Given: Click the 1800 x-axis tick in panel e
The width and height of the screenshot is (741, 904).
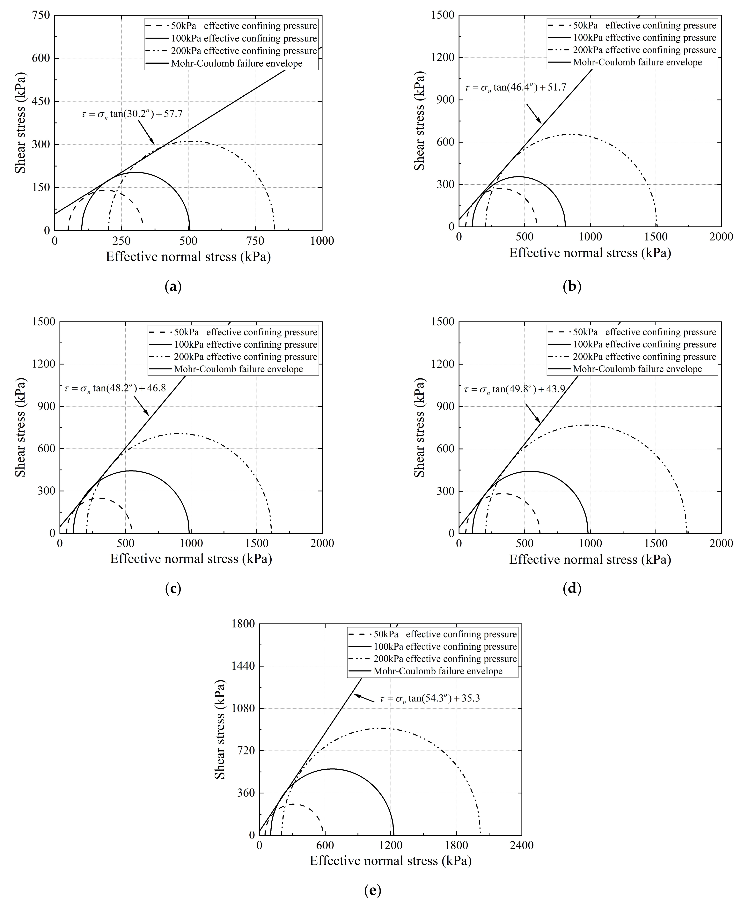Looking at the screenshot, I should coord(456,845).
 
